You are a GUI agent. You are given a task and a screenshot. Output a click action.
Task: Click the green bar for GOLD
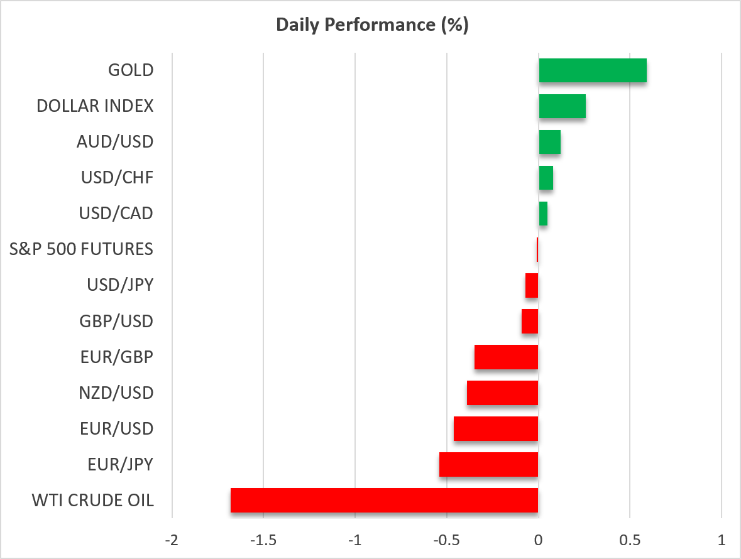point(593,70)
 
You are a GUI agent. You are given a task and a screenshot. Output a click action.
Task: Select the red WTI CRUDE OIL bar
point(384,500)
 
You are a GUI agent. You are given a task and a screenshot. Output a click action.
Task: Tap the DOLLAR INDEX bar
point(563,106)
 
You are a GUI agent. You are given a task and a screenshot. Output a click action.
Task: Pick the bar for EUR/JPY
point(488,464)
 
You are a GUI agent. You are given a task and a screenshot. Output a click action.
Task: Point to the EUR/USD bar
point(496,429)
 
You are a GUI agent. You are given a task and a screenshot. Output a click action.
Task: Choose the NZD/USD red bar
point(502,393)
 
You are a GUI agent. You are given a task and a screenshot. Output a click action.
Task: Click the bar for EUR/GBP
point(506,357)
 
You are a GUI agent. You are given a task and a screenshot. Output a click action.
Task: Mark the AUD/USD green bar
point(549,142)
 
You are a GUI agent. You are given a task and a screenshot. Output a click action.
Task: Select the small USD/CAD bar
point(543,214)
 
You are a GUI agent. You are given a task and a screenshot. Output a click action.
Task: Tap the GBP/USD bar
point(530,321)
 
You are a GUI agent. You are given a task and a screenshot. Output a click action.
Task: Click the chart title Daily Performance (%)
point(373,25)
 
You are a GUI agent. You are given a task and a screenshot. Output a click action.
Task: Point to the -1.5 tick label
point(263,540)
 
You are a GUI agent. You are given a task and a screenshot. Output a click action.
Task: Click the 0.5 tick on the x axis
point(630,540)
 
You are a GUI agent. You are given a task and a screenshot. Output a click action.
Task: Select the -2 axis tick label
point(172,540)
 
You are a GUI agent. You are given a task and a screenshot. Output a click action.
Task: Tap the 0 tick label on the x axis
point(538,540)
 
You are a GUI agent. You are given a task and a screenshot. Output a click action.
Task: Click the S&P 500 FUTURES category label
point(81,249)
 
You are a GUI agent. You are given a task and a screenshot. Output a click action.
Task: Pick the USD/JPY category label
point(120,285)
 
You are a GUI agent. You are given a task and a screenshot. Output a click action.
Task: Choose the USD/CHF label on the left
point(117,178)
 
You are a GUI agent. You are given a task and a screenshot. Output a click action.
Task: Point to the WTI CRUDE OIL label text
point(92,501)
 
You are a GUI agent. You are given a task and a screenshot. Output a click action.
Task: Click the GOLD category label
point(131,70)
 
